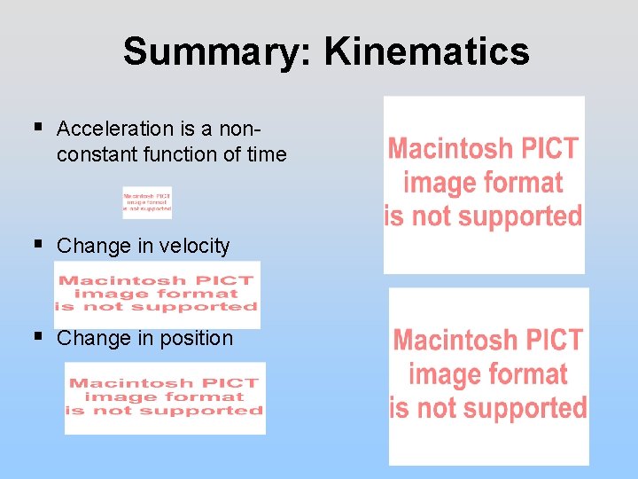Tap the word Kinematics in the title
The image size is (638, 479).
(x=426, y=51)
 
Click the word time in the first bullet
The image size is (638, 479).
(x=267, y=154)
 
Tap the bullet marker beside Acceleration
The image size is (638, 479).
(x=37, y=129)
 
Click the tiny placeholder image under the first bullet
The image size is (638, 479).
(x=147, y=202)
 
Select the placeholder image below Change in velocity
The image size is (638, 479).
(x=157, y=294)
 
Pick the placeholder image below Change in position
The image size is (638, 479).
(x=165, y=397)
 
